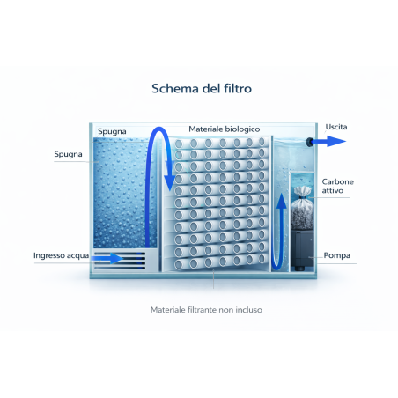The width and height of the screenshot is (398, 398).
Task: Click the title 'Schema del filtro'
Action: pos(202,88)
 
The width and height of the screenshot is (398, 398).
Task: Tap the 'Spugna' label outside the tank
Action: pos(68,154)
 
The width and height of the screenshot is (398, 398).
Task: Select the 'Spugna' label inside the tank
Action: pos(112,131)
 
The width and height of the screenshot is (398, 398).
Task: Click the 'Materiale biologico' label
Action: pos(225,129)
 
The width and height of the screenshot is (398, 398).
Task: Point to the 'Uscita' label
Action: pos(336,127)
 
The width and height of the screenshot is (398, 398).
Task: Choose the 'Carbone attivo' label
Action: pos(338,186)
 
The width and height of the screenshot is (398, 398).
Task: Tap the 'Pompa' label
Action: pos(337,255)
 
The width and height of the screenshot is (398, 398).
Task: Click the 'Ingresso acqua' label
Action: pos(61,255)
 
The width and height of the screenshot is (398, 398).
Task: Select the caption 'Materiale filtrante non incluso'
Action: pos(206,310)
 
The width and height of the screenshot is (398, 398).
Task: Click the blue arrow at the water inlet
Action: pos(107,258)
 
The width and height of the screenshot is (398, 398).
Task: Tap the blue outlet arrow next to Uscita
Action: pos(328,141)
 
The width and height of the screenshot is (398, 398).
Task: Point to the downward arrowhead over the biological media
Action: pos(169,182)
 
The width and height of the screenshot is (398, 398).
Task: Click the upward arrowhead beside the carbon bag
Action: pos(282,201)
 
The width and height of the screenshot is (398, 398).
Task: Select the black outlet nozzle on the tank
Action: pos(309,142)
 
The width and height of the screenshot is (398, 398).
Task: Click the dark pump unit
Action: pos(302,250)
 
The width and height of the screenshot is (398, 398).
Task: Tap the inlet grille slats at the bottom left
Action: pos(120,260)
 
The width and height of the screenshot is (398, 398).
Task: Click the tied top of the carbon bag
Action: pos(303,192)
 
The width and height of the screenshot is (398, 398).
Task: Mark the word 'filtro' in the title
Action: pos(238,88)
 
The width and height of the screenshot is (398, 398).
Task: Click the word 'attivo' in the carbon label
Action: pos(333,190)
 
